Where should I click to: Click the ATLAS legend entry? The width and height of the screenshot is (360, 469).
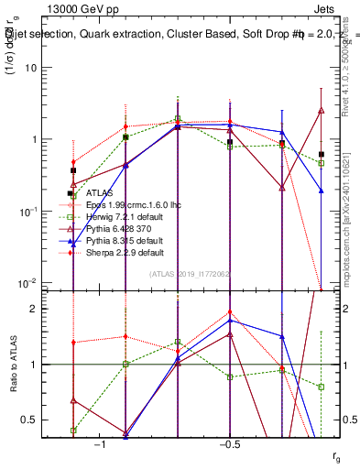click(x=99, y=193)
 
